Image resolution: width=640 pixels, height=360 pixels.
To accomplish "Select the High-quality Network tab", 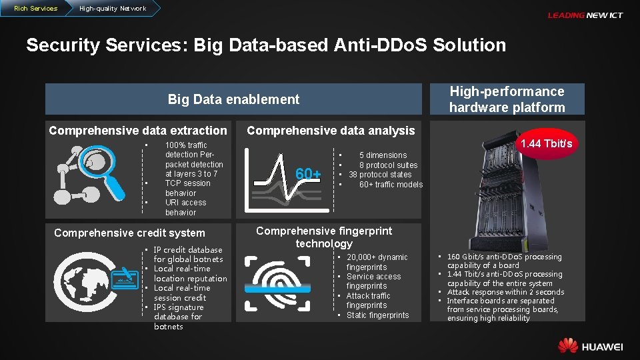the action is tap(112, 8).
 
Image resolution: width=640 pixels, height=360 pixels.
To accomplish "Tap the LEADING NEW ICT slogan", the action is tap(585, 15).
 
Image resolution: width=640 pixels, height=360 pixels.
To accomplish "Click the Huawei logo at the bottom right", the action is tap(590, 346).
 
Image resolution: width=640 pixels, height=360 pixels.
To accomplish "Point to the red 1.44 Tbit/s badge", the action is tap(546, 144).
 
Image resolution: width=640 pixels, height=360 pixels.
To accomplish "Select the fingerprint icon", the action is tap(278, 283).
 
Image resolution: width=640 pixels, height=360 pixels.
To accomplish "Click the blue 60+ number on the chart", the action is tap(308, 175).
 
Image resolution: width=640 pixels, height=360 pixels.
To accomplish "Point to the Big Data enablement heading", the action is tap(233, 99).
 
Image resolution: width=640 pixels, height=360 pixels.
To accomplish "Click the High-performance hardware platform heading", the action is tap(507, 99).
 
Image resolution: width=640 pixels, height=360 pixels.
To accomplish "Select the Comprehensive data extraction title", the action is tap(138, 131).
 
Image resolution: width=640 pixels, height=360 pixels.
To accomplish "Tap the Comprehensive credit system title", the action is tap(129, 233).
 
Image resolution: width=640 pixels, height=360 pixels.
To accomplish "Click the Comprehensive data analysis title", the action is tap(331, 131).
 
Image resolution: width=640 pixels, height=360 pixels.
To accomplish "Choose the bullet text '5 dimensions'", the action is tap(383, 155).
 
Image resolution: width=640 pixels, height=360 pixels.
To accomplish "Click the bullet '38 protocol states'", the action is tap(380, 175).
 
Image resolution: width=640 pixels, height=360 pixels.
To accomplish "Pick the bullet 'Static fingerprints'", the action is tap(377, 315).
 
